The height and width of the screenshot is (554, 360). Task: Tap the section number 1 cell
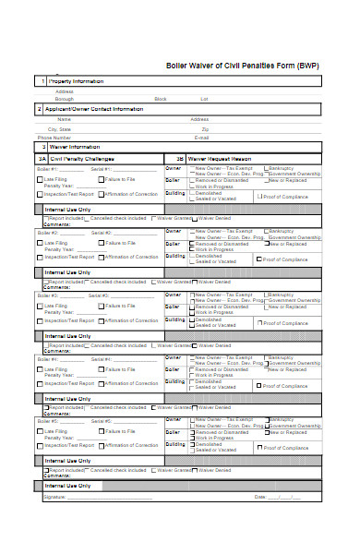[x=42, y=81]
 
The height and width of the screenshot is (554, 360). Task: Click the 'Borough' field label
[x=64, y=99]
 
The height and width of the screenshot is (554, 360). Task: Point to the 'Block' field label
[x=161, y=99]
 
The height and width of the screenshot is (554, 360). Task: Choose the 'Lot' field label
[x=204, y=99]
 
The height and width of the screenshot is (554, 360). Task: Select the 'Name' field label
[x=64, y=119]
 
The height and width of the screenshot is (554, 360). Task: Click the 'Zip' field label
[x=205, y=129]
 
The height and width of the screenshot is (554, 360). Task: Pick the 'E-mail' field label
[x=201, y=138]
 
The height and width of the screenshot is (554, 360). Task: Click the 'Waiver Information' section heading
[x=74, y=147]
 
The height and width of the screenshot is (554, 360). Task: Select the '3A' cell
[x=42, y=159]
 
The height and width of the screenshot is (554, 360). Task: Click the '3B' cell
[x=179, y=159]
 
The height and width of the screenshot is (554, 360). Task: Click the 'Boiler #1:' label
[x=47, y=169]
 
